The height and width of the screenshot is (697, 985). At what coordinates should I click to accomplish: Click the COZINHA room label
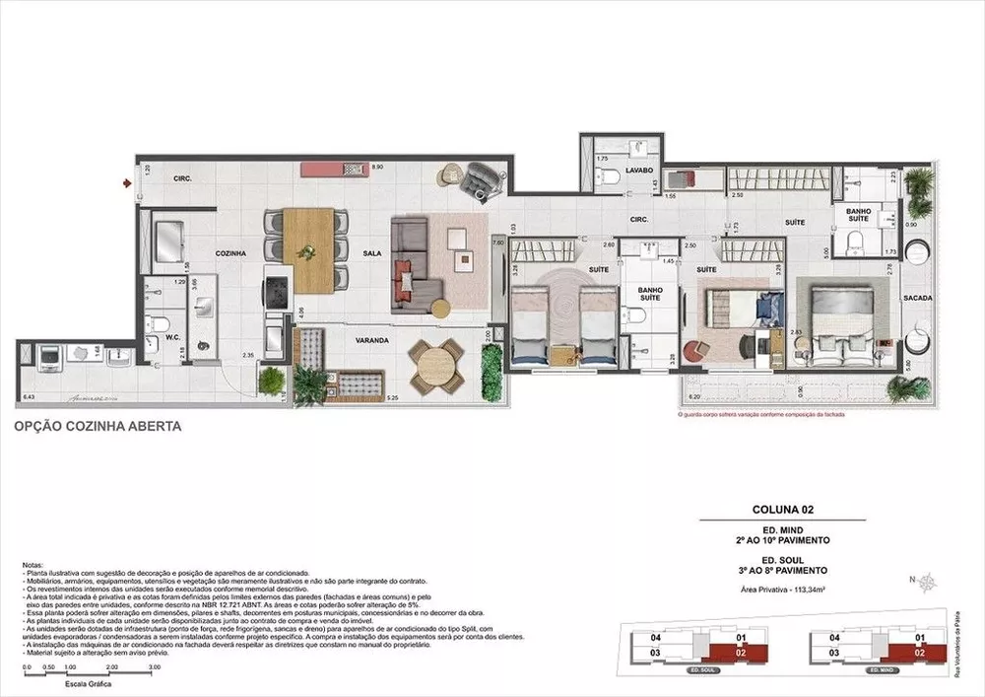(230, 253)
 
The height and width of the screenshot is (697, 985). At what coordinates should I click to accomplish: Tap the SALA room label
(370, 253)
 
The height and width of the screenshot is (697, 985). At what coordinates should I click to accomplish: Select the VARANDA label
(372, 340)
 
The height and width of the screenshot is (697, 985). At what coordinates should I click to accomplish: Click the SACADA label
(918, 297)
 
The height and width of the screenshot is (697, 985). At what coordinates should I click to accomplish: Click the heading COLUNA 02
(783, 511)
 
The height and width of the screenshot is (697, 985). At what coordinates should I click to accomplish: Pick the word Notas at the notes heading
(32, 565)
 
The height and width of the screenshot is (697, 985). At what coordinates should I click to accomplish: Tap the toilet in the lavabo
(611, 176)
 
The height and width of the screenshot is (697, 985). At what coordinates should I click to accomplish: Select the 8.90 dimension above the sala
(376, 168)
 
